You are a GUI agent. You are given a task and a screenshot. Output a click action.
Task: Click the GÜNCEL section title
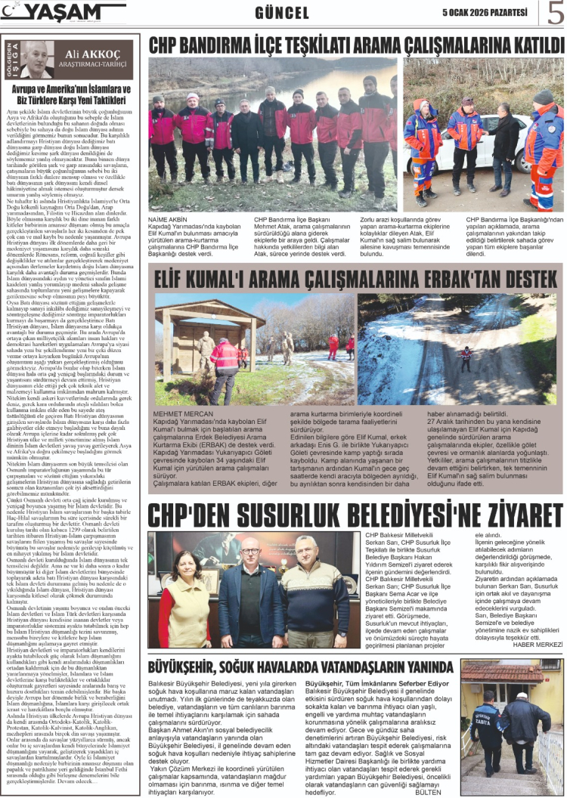282,13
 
